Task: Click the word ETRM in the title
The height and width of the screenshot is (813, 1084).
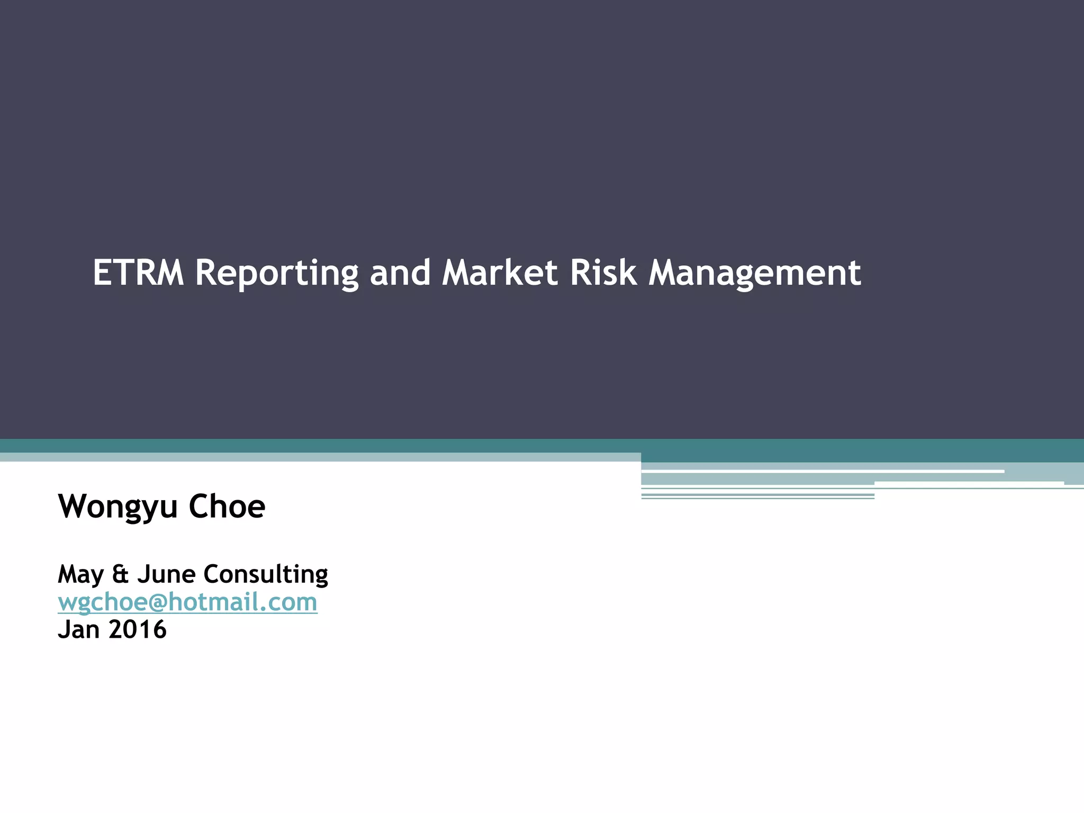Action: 138,273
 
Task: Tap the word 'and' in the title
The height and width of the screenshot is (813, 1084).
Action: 400,273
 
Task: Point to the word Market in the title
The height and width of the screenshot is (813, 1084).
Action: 500,273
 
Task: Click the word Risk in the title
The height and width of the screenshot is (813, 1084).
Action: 603,273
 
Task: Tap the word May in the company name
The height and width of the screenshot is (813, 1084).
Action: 80,575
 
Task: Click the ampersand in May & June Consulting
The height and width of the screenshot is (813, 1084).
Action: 121,574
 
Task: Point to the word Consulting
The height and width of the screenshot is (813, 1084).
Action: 266,575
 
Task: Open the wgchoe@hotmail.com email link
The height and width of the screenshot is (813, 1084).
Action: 187,602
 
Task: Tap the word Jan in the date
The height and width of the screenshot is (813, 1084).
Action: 78,629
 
